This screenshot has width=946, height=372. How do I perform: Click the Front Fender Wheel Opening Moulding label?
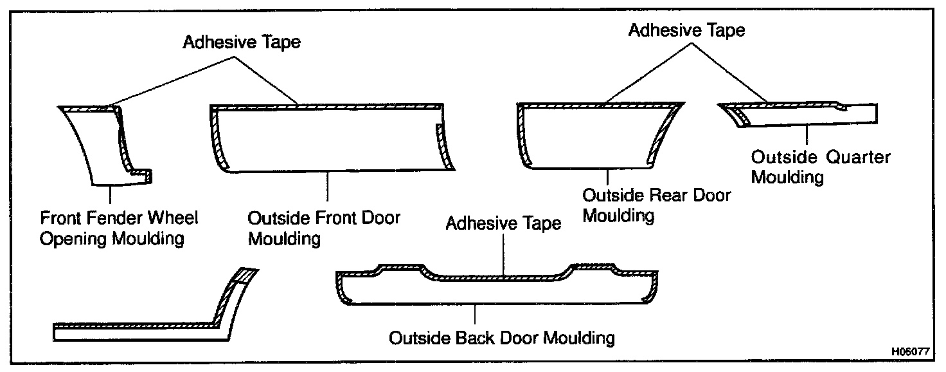119,228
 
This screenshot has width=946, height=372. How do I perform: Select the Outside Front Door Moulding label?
324,228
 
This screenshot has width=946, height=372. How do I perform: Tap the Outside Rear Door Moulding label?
656,204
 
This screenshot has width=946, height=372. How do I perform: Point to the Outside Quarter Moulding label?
821,167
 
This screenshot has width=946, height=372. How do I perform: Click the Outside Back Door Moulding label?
501,337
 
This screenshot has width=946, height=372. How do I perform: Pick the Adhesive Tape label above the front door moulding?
242,42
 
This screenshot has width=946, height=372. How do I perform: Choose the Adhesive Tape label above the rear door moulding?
686,30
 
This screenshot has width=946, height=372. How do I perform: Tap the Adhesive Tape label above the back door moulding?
503,223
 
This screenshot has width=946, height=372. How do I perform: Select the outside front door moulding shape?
328,138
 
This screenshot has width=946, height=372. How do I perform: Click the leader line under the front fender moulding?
111,196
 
